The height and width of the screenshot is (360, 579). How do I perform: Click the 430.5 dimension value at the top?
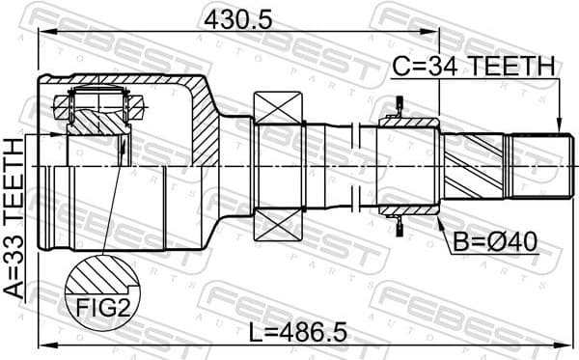[x=234, y=16]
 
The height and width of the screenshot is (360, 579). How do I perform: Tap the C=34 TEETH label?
[x=473, y=66]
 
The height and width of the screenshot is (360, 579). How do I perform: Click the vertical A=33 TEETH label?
[x=14, y=222]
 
